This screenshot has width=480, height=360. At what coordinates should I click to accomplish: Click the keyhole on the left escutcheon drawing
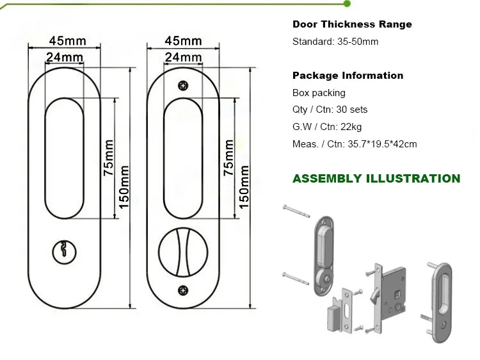64,251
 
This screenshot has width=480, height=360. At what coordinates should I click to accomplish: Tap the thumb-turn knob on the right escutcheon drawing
184,249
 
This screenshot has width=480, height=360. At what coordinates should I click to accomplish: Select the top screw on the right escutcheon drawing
184,85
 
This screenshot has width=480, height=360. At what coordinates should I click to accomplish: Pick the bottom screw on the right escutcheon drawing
184,288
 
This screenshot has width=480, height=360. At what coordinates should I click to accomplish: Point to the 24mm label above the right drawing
184,57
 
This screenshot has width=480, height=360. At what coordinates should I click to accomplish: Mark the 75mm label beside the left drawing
108,158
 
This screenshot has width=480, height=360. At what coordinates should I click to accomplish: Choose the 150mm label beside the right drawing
244,186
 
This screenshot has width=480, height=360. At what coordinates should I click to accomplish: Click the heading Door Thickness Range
352,24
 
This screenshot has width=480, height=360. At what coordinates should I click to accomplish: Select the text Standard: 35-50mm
335,42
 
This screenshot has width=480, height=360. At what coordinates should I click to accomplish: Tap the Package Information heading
348,76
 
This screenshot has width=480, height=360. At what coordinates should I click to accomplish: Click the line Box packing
319,93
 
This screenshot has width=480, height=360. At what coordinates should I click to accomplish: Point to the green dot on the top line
347,4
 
